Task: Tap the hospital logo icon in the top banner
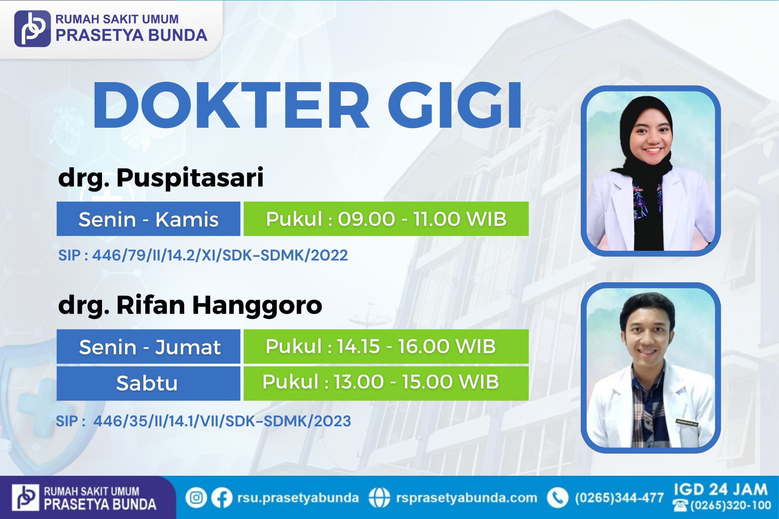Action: coord(32,28)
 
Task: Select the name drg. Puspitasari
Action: coord(161,178)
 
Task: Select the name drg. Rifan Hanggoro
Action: coord(190,305)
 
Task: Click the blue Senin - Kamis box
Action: coord(148,219)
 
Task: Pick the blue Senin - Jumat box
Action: coord(148,347)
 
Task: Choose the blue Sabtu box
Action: coord(148,383)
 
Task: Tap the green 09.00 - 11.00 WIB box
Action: coord(386,219)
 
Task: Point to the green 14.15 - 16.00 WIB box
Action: coord(386,347)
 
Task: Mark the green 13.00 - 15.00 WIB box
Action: coord(386,383)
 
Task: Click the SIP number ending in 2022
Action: coord(203,255)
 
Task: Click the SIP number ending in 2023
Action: coord(203,421)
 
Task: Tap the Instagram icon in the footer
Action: coord(196,498)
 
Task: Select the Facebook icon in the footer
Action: coord(222,498)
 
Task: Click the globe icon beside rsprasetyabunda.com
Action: coord(379,498)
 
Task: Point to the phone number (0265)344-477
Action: coord(619,498)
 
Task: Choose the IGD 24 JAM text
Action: coord(721,489)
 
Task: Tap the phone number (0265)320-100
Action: coord(731,505)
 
